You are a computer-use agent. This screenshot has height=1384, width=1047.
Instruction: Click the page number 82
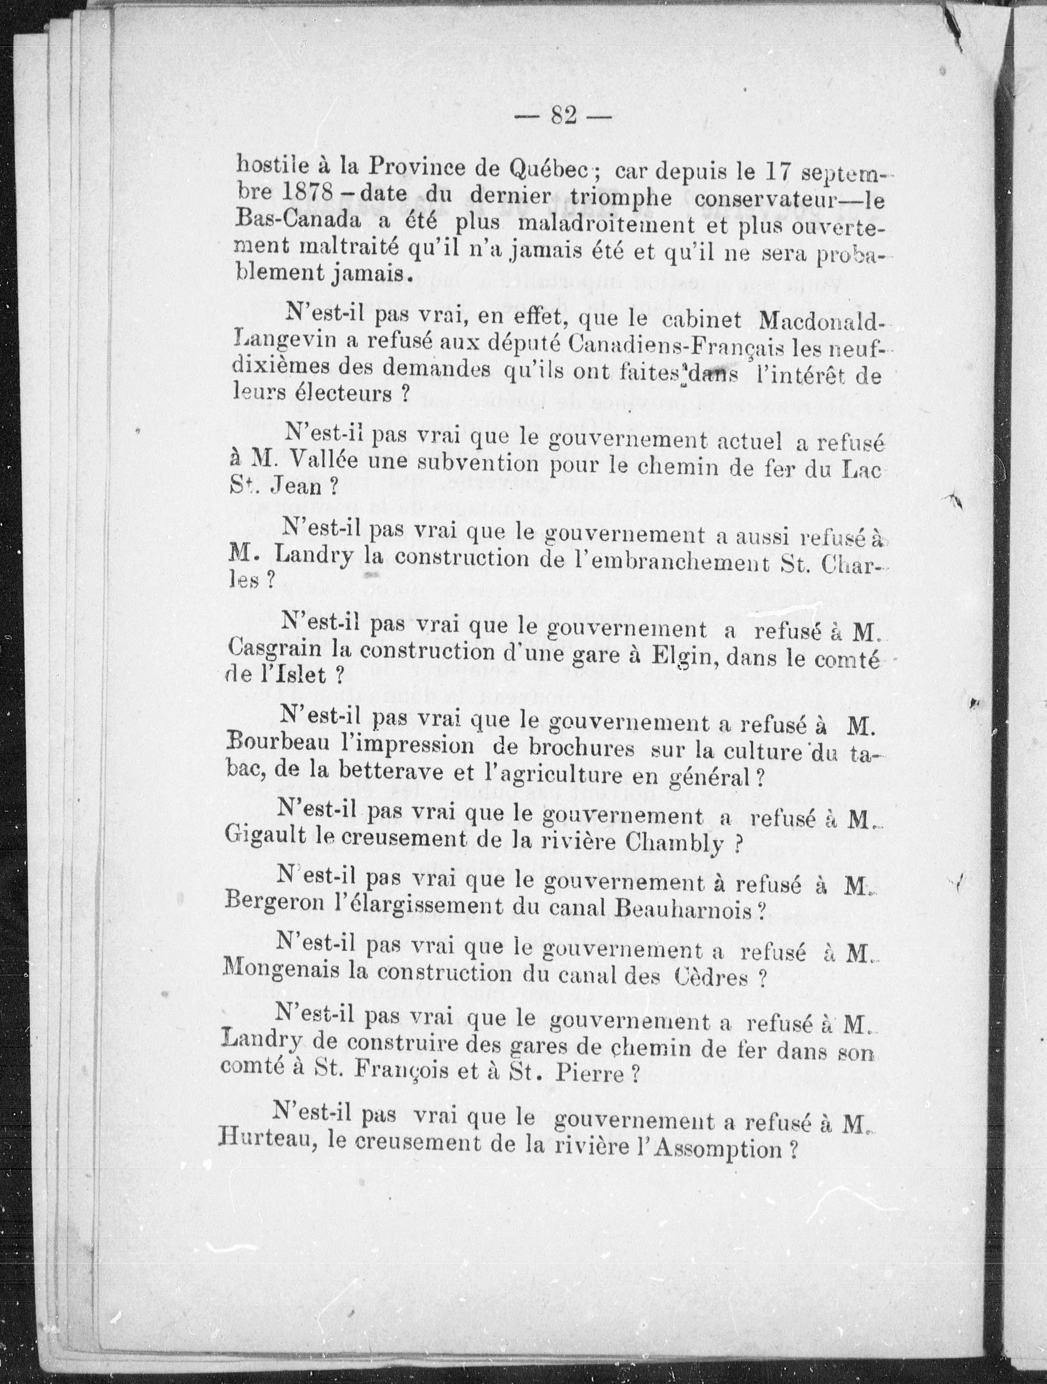tap(564, 116)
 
